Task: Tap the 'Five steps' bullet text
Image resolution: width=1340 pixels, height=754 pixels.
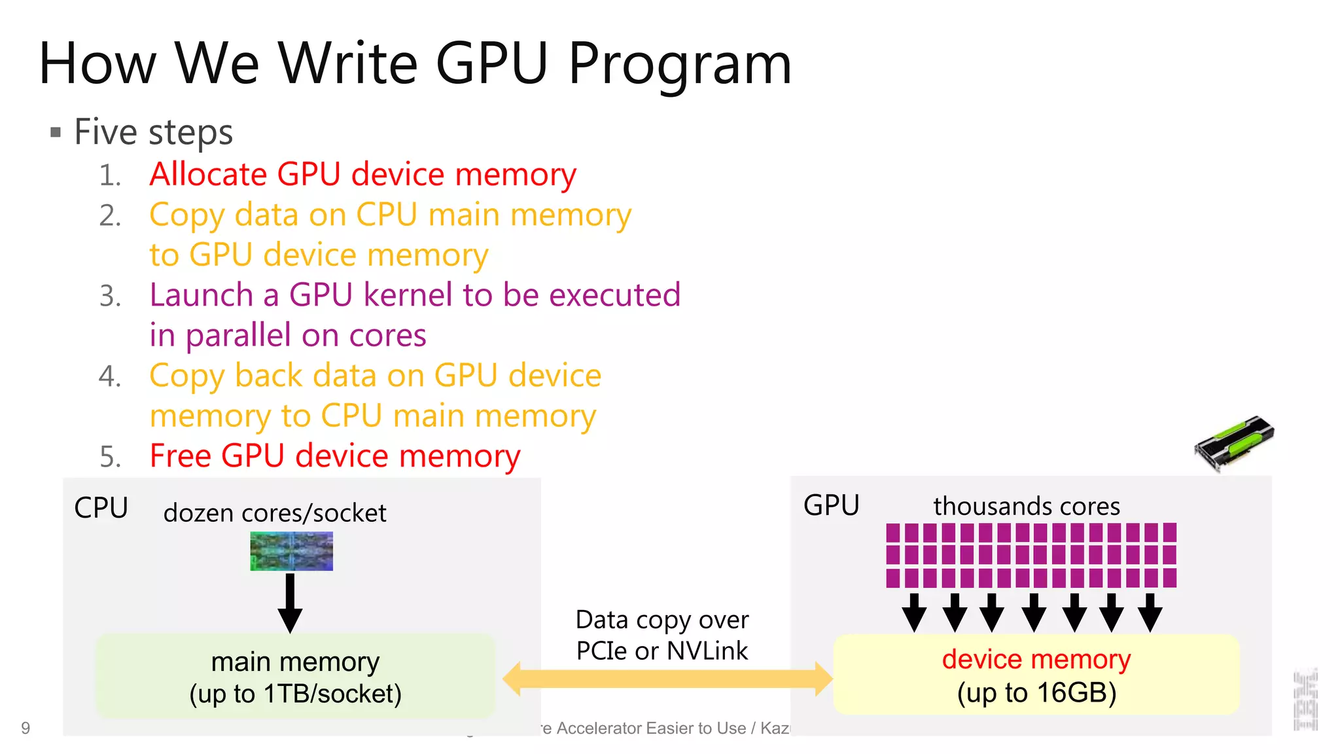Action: pos(153,132)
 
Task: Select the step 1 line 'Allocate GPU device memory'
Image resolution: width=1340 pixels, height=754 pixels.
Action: pos(362,175)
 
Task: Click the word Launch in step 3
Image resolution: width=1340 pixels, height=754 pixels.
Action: pos(201,295)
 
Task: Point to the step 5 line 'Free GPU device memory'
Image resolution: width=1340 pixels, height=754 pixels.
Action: pos(335,456)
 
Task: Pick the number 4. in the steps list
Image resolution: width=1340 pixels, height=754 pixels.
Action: pos(110,376)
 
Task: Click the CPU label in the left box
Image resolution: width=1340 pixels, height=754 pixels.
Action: pos(101,508)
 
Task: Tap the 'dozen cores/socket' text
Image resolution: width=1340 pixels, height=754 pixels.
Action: pos(275,513)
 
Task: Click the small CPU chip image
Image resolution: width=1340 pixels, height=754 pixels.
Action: pos(291,551)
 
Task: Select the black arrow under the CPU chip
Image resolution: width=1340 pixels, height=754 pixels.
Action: pos(290,602)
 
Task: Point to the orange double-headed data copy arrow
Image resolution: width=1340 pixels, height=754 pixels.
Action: pos(667,679)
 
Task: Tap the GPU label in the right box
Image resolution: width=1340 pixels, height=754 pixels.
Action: pos(831,506)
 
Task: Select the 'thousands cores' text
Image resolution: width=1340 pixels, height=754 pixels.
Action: pos(1026,507)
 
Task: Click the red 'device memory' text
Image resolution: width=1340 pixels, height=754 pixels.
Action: pos(1036,659)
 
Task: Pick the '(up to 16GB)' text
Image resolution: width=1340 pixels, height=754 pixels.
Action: pos(1036,693)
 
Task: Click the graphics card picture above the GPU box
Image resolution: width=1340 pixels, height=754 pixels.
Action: pos(1234,442)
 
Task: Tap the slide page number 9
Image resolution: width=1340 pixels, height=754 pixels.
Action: pos(26,728)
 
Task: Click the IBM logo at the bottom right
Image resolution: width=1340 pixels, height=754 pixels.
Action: pos(1305,700)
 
